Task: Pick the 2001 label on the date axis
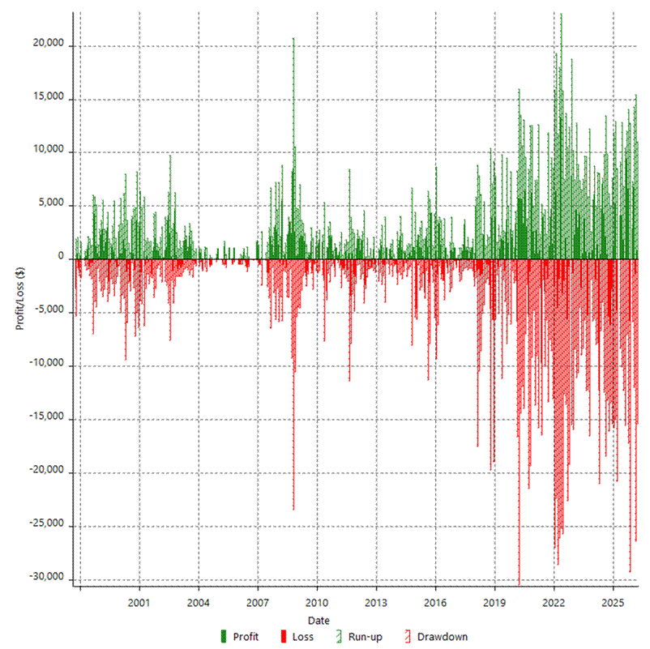[139, 604]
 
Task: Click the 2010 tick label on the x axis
[317, 604]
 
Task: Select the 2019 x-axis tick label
[494, 604]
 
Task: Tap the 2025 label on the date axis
[613, 604]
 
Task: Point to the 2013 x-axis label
[376, 604]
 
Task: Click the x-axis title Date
[319, 620]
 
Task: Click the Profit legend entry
[239, 637]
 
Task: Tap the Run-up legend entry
[360, 637]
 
